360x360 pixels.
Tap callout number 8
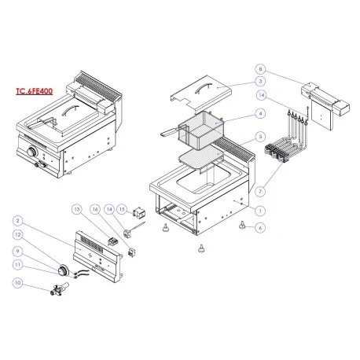coord(262,68)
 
